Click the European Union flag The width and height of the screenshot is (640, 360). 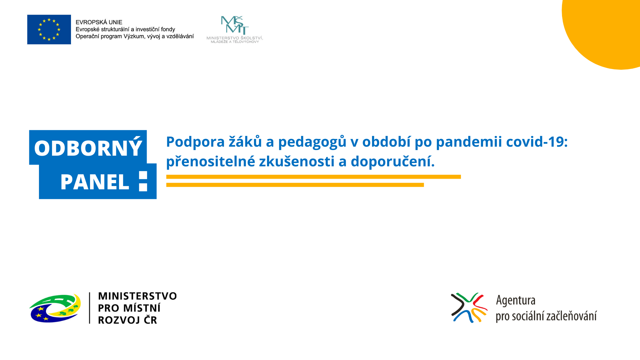tap(49, 29)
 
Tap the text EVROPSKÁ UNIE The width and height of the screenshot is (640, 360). tap(99, 22)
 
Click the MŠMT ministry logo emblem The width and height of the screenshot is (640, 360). tap(235, 25)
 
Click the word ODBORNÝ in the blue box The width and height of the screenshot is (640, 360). tap(88, 148)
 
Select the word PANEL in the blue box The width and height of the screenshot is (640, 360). tap(95, 182)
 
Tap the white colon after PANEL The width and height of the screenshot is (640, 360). tap(143, 181)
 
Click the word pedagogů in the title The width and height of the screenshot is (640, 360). tap(312, 142)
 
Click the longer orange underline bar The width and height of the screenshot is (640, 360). tap(314, 177)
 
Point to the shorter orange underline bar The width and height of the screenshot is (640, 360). tap(295, 185)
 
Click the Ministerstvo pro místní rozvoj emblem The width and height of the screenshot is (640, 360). tap(55, 308)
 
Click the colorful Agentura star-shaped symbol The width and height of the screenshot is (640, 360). tap(469, 308)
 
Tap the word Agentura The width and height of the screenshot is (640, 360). tap(516, 300)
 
